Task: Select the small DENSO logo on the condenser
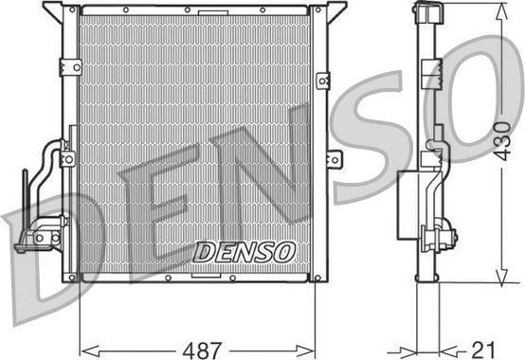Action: (244, 250)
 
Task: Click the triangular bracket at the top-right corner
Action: (334, 12)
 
